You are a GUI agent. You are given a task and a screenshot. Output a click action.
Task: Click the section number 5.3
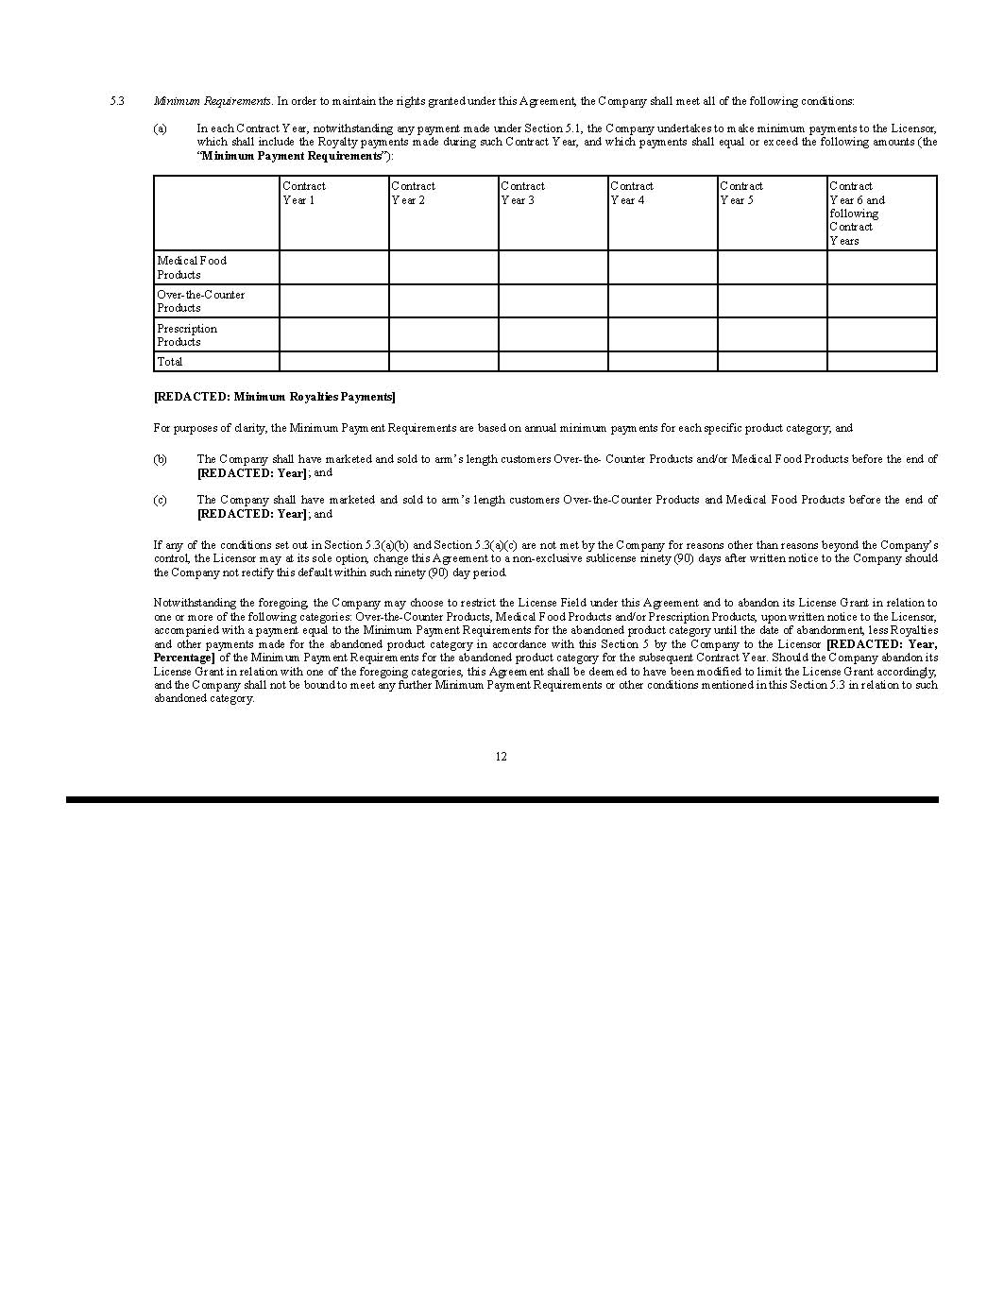click(117, 101)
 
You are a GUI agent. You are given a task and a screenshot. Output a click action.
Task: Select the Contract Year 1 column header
click(304, 194)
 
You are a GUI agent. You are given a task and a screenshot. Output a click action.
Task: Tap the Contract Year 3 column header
click(522, 194)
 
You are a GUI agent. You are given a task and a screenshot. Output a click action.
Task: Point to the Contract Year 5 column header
click(741, 194)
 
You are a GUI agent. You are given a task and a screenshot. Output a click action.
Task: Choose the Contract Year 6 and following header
click(857, 214)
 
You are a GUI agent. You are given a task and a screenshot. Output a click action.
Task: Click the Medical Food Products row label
click(192, 267)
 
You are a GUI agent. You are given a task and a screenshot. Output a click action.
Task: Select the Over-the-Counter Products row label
click(200, 301)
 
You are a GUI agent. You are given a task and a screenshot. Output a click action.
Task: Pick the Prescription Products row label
click(187, 335)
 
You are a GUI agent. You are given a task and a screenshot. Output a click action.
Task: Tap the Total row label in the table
click(170, 362)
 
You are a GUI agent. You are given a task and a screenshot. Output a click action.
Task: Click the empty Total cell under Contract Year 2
click(443, 362)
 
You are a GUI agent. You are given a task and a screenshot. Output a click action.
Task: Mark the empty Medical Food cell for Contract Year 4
click(662, 267)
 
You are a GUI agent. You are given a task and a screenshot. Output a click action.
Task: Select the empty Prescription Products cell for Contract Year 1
click(333, 335)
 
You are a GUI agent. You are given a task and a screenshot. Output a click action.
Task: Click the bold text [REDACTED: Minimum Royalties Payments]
click(275, 397)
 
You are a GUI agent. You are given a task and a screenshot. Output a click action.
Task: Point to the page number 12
click(501, 757)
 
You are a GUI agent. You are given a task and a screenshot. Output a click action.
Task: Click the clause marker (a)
click(160, 128)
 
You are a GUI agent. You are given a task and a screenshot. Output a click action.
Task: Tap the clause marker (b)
click(160, 459)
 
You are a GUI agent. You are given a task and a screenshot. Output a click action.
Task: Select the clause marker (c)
click(160, 500)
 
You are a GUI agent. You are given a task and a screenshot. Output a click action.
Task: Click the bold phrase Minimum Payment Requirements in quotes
click(292, 156)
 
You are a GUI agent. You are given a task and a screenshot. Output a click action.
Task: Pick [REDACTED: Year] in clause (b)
click(252, 473)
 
